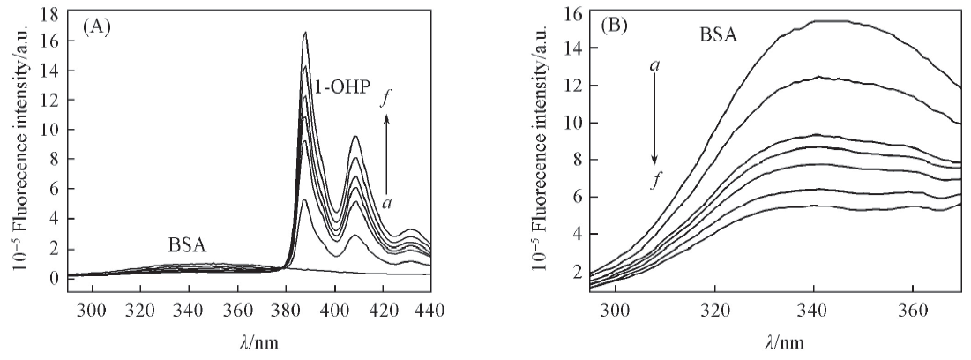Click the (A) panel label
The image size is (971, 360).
(95, 26)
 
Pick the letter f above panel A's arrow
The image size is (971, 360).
(385, 99)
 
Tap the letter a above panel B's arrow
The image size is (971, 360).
(654, 65)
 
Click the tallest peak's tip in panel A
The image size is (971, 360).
(305, 33)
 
